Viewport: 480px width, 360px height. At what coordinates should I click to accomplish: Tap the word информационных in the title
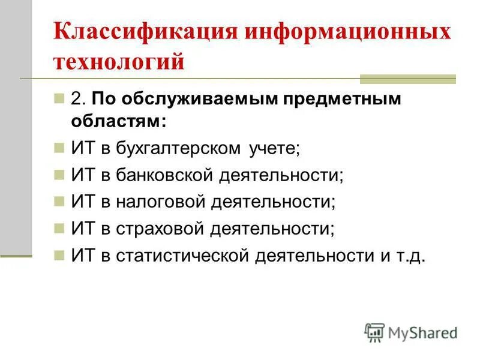(x=347, y=32)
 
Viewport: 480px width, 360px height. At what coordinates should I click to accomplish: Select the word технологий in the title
(x=118, y=61)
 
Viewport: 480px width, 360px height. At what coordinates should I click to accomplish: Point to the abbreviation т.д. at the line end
(x=411, y=256)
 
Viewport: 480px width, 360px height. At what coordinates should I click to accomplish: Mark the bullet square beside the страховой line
(x=58, y=229)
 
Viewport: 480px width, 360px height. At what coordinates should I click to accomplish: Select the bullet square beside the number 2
(x=58, y=99)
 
